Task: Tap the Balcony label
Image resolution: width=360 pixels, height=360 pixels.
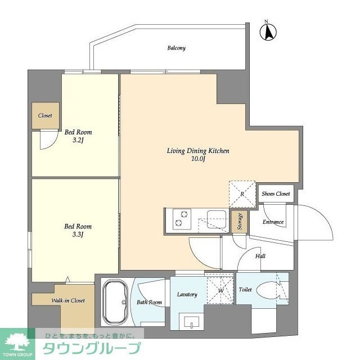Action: pyautogui.click(x=176, y=48)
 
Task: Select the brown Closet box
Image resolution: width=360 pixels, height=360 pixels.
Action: pyautogui.click(x=45, y=116)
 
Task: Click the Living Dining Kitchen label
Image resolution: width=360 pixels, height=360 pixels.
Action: pyautogui.click(x=197, y=151)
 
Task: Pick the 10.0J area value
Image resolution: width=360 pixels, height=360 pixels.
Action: pyautogui.click(x=197, y=160)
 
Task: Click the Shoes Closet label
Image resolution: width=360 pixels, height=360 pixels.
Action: pyautogui.click(x=276, y=193)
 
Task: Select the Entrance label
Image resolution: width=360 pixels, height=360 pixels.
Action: pyautogui.click(x=273, y=222)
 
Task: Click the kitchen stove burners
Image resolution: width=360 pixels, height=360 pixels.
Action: pyautogui.click(x=181, y=219)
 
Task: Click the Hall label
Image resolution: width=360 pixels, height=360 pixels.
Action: pyautogui.click(x=260, y=256)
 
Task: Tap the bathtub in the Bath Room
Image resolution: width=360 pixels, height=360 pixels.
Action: pyautogui.click(x=116, y=303)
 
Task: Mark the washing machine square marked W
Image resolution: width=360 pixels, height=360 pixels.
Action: pyautogui.click(x=219, y=289)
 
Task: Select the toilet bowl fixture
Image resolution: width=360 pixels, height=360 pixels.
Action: pyautogui.click(x=265, y=290)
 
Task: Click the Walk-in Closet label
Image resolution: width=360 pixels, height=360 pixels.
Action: pyautogui.click(x=69, y=300)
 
